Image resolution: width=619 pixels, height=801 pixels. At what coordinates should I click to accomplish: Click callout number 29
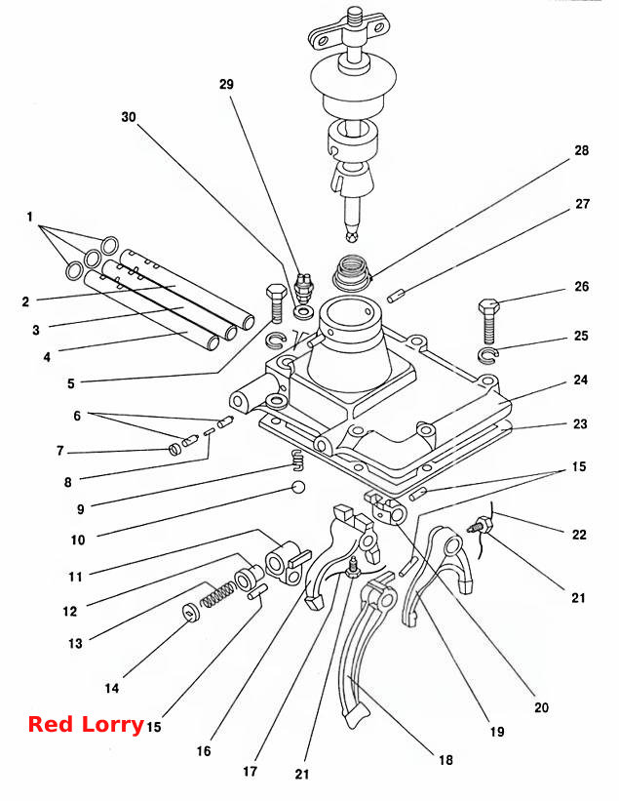[x=226, y=84]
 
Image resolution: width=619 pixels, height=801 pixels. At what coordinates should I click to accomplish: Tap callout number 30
[x=129, y=117]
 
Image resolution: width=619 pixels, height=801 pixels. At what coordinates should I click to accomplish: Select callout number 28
[x=581, y=150]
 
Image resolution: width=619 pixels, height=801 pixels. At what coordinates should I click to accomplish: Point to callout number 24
[x=581, y=380]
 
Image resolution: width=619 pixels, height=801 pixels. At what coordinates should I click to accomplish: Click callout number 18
[x=445, y=760]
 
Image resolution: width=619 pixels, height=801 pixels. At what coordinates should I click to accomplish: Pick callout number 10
[x=78, y=540]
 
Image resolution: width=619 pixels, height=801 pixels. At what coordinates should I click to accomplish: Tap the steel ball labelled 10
[x=298, y=487]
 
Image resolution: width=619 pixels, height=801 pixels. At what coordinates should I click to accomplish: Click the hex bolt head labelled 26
[x=488, y=306]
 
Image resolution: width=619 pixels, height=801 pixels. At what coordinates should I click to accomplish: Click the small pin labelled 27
[x=396, y=297]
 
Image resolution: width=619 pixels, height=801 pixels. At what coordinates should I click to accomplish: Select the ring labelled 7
[x=175, y=450]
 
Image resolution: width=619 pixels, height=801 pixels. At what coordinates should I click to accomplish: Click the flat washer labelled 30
[x=304, y=312]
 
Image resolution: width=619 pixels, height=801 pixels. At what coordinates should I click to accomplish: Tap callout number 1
[x=29, y=218]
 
